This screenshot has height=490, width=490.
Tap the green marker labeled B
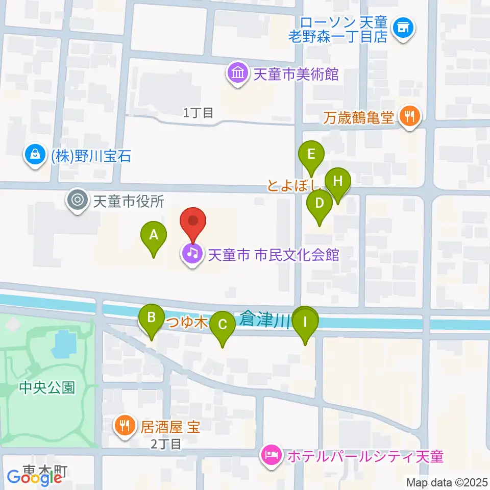(152, 318)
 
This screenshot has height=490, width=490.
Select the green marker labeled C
(223, 325)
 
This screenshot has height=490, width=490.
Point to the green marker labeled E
(312, 154)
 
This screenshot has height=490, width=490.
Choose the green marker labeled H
(337, 181)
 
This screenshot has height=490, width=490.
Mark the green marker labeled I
(306, 323)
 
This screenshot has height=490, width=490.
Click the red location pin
(193, 222)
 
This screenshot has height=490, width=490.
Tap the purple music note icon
(192, 254)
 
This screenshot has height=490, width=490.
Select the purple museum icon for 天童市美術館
(238, 73)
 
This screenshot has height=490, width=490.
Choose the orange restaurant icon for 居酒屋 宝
(124, 424)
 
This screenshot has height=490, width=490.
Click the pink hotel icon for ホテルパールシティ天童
(271, 455)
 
